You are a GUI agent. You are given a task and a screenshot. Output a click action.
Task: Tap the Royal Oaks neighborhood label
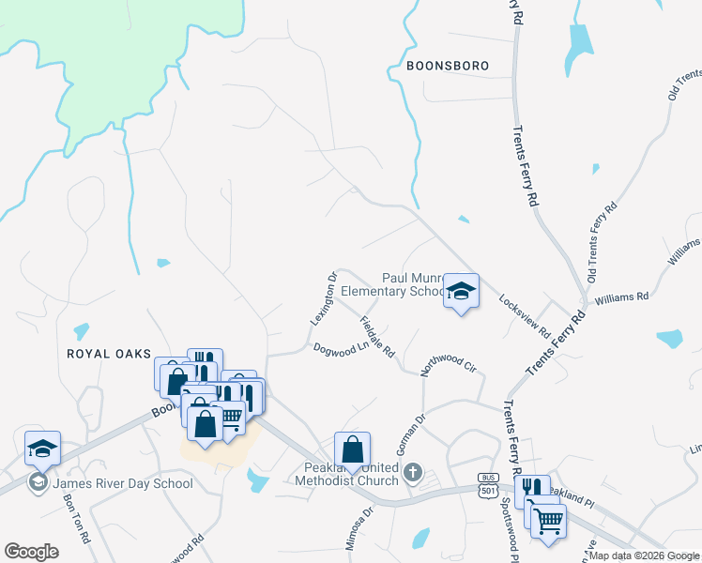tap(109, 353)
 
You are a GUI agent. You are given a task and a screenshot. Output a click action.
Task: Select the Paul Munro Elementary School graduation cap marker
tap(461, 291)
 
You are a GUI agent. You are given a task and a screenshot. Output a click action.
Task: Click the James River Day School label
tap(123, 483)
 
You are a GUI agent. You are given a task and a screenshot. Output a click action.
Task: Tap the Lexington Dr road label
tap(323, 300)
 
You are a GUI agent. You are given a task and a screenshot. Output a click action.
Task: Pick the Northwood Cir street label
tap(449, 358)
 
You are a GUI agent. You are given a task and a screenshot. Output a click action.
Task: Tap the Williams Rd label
tap(621, 297)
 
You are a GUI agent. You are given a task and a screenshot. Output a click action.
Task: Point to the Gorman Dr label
tap(411, 433)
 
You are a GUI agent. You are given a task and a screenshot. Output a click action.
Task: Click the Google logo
tap(32, 551)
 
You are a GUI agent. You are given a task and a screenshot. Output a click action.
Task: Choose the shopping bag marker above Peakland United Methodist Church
tap(352, 450)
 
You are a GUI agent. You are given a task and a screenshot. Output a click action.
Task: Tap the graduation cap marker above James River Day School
tap(42, 449)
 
